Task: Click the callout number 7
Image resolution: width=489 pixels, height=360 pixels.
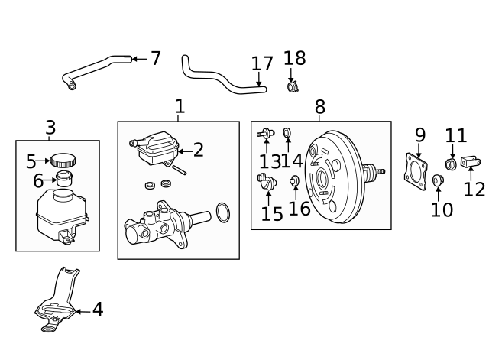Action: click(x=156, y=58)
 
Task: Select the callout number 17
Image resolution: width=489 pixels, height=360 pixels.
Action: click(x=262, y=64)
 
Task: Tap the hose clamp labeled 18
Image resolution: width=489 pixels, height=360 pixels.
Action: click(x=293, y=87)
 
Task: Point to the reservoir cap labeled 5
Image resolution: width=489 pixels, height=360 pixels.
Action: click(x=63, y=160)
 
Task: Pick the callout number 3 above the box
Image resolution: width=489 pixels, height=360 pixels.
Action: click(x=50, y=127)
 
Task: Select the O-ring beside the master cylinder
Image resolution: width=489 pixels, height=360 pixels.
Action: click(x=222, y=212)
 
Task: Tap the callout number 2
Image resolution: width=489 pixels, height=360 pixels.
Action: click(x=199, y=150)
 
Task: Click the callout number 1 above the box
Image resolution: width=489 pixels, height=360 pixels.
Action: click(x=180, y=106)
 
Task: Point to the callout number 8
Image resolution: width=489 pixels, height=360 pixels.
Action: click(x=319, y=107)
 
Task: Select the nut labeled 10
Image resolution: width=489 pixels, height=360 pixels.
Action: click(x=438, y=180)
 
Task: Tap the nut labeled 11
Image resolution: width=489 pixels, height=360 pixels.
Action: click(x=452, y=164)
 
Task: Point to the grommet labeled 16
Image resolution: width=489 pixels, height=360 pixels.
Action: click(x=295, y=181)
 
